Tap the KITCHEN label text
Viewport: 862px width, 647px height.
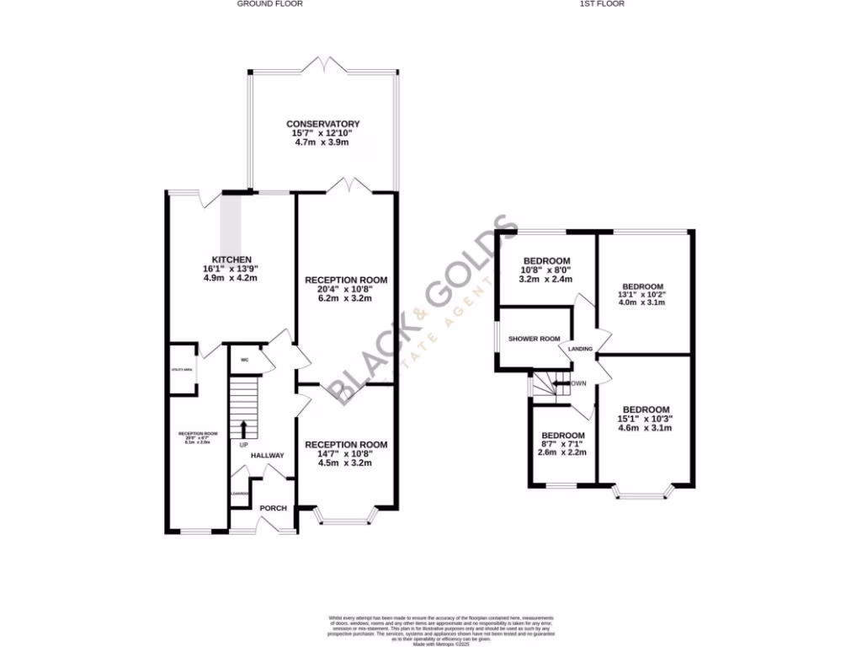tap(232, 259)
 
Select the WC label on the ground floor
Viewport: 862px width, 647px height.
tap(244, 360)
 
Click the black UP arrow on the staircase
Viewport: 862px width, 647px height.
tap(244, 428)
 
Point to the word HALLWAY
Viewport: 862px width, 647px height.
tap(266, 456)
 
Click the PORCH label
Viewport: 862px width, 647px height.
tap(273, 508)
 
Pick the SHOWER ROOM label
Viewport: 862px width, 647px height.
tap(534, 339)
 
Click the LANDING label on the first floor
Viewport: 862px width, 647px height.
tap(580, 349)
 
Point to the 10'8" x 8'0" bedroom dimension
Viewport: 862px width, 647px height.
tap(547, 270)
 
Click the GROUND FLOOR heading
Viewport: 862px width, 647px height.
tap(269, 4)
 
